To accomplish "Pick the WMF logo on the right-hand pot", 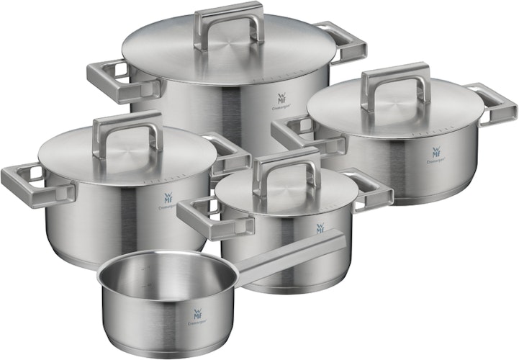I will point(437,153).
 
